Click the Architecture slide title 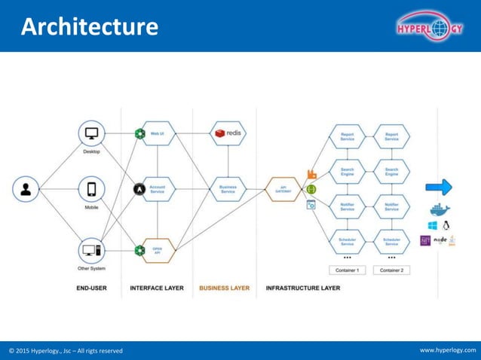click(x=90, y=27)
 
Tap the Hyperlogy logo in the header click(x=429, y=28)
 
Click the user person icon click(x=26, y=189)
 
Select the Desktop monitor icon click(x=91, y=134)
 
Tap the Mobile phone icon click(x=91, y=189)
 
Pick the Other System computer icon click(x=91, y=250)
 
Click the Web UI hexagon click(x=158, y=133)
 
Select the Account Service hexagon click(x=158, y=189)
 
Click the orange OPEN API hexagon click(x=158, y=249)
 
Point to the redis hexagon click(x=228, y=133)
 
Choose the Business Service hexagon click(x=228, y=189)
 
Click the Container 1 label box click(x=348, y=270)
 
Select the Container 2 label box click(x=391, y=270)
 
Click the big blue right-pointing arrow click(x=439, y=187)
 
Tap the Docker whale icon click(x=439, y=209)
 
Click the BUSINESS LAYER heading click(x=224, y=288)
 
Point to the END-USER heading click(x=91, y=288)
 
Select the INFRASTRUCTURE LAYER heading click(x=303, y=288)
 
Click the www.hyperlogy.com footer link click(x=448, y=350)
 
